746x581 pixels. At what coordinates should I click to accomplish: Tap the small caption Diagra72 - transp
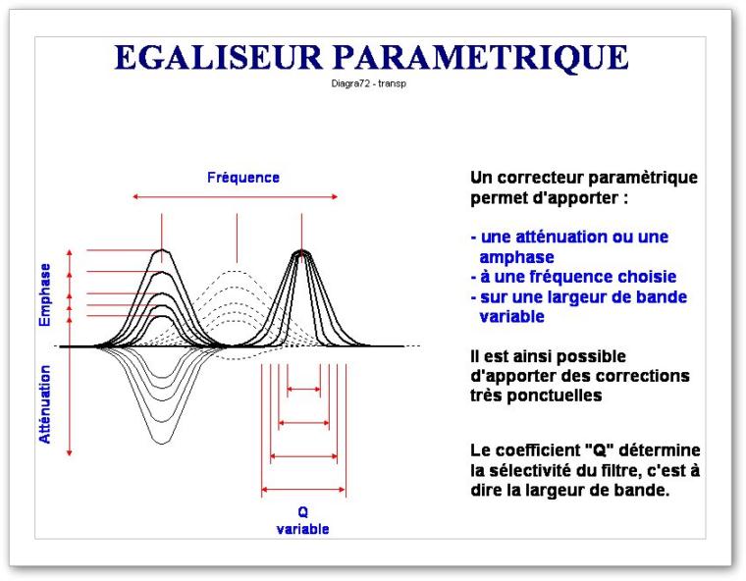[x=369, y=83]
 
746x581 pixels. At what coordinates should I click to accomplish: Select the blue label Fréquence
[x=243, y=178]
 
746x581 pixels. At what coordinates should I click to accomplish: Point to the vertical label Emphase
[x=45, y=295]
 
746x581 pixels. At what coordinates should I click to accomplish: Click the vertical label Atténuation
[x=45, y=404]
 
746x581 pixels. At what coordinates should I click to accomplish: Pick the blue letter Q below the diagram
[x=302, y=512]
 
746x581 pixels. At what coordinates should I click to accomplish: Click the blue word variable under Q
[x=302, y=529]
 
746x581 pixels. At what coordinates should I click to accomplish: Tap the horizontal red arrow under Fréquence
[x=235, y=196]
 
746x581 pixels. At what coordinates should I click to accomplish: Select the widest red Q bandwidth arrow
[x=303, y=489]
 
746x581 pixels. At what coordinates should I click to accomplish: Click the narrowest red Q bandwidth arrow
[x=303, y=390]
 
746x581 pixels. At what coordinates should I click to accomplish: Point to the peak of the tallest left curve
[x=162, y=250]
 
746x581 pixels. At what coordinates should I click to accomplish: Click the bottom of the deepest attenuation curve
[x=162, y=444]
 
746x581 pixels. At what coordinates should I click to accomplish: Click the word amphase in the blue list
[x=516, y=257]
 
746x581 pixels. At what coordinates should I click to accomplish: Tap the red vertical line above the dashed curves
[x=237, y=238]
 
